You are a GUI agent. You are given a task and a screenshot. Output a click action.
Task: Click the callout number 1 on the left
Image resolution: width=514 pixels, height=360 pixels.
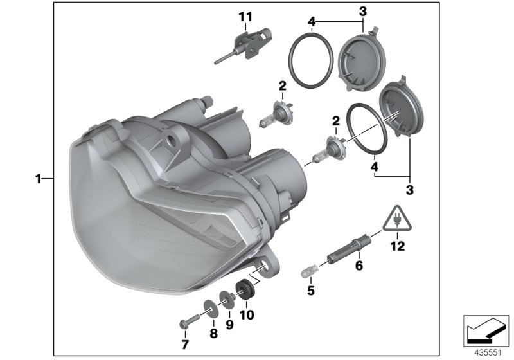tap(39, 178)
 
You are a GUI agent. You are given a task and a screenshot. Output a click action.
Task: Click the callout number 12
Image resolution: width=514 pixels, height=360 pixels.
tap(398, 246)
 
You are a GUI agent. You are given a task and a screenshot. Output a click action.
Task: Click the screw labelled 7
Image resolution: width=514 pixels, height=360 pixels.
tap(188, 318)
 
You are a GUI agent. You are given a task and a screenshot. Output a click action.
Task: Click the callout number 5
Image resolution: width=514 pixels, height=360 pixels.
tap(310, 290)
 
